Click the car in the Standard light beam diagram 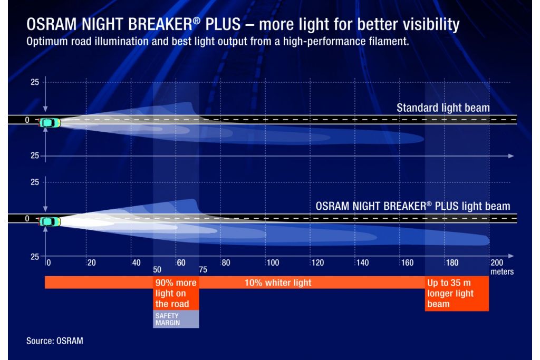(x=50, y=122)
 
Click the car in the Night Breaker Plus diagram (x=50, y=222)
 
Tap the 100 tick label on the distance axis (x=273, y=263)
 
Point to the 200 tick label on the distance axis (x=497, y=263)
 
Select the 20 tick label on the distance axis (x=91, y=263)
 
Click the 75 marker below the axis (x=203, y=270)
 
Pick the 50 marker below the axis (x=157, y=270)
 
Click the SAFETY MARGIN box (x=176, y=319)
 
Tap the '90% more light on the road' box (x=176, y=293)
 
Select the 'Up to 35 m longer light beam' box (x=457, y=294)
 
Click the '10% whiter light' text (x=278, y=283)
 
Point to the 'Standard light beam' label (x=443, y=108)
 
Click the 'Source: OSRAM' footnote (x=55, y=340)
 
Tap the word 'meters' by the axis (x=502, y=271)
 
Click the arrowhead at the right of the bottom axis (x=511, y=256)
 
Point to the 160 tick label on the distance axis (x=407, y=263)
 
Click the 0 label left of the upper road (x=27, y=120)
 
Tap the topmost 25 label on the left (x=35, y=82)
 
